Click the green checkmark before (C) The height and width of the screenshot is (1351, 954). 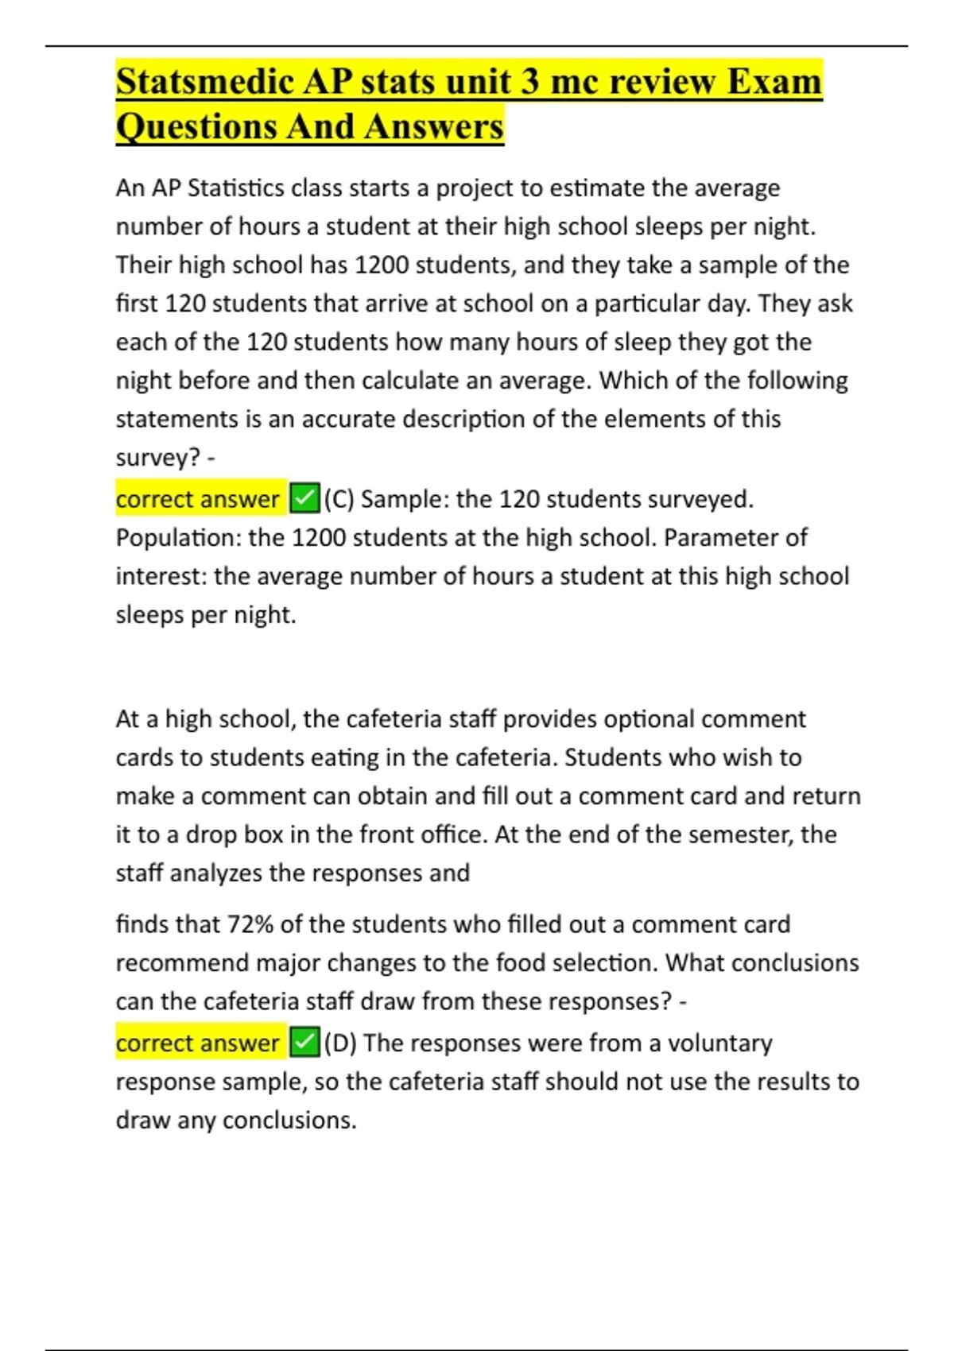304,499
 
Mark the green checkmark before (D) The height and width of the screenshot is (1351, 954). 304,1043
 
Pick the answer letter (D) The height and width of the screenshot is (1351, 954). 340,1043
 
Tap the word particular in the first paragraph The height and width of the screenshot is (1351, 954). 647,304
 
